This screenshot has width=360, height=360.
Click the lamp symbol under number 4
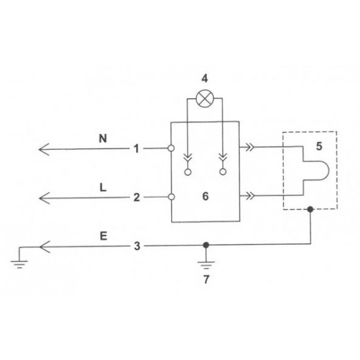(204, 99)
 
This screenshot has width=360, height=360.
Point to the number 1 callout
(136, 149)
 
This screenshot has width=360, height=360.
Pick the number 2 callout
(136, 197)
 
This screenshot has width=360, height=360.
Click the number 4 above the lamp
(204, 79)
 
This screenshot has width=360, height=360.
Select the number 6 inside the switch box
(204, 196)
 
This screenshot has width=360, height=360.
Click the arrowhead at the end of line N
(44, 149)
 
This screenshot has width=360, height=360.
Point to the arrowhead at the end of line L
(44, 197)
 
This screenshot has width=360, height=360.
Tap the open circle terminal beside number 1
(171, 149)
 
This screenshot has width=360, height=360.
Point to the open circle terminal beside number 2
(171, 196)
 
